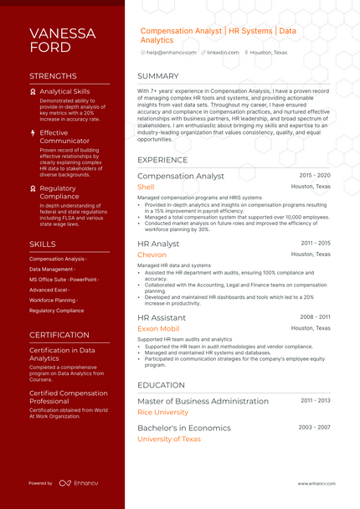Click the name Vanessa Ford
point(63,40)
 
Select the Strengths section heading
point(53,76)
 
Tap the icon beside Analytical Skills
point(33,91)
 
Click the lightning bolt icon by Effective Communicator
point(33,132)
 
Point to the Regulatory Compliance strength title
point(58,193)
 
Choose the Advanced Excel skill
point(49,289)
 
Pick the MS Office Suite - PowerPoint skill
point(64,279)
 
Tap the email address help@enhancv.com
point(171,52)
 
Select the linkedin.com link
point(223,52)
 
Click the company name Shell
point(146,188)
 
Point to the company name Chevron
point(152,254)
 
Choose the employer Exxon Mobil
point(158,329)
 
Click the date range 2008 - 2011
point(315,317)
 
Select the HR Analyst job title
point(158,244)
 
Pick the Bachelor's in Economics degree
point(184,428)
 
